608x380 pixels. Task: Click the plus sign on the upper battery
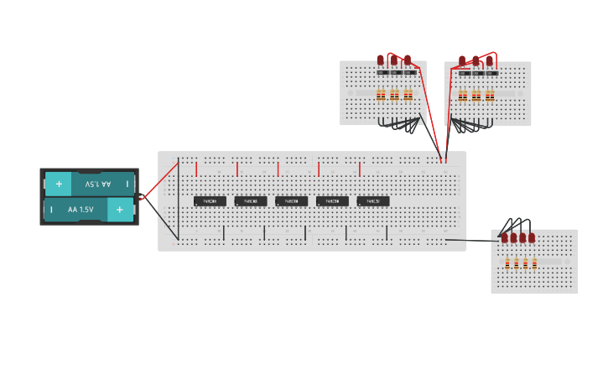(59, 184)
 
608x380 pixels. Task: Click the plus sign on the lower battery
(120, 210)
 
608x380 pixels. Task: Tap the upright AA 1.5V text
(81, 210)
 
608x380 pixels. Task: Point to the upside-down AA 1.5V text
(98, 184)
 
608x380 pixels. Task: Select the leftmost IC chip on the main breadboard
(210, 201)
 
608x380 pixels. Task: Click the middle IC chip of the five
(291, 201)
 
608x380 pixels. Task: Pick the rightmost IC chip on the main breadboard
(373, 201)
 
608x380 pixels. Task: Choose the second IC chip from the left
(251, 201)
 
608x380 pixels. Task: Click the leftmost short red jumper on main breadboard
(196, 169)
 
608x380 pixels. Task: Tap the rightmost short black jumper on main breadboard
(387, 232)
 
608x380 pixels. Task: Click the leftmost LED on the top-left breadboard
(381, 60)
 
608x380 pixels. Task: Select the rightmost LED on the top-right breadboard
(489, 60)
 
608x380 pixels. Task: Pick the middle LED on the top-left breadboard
(394, 60)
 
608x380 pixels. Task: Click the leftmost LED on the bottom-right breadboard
(505, 238)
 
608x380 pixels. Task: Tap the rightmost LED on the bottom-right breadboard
(532, 238)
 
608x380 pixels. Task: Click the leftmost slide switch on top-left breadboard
(382, 73)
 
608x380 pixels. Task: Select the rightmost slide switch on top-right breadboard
(491, 73)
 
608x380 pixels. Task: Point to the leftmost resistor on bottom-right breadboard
(507, 264)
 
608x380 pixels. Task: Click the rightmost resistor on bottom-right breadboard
(534, 264)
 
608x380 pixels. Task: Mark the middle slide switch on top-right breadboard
(477, 73)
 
